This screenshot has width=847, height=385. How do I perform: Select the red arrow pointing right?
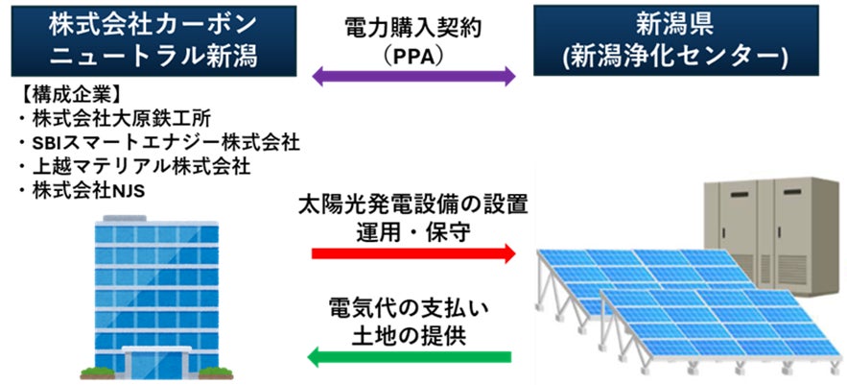pos(413,254)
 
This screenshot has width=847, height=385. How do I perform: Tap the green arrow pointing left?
pos(413,358)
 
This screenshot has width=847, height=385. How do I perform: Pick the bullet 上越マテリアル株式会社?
pos(134,166)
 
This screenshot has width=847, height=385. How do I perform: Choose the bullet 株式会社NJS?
pos(85,189)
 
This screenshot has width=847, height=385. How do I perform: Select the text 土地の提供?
pos(413,336)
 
